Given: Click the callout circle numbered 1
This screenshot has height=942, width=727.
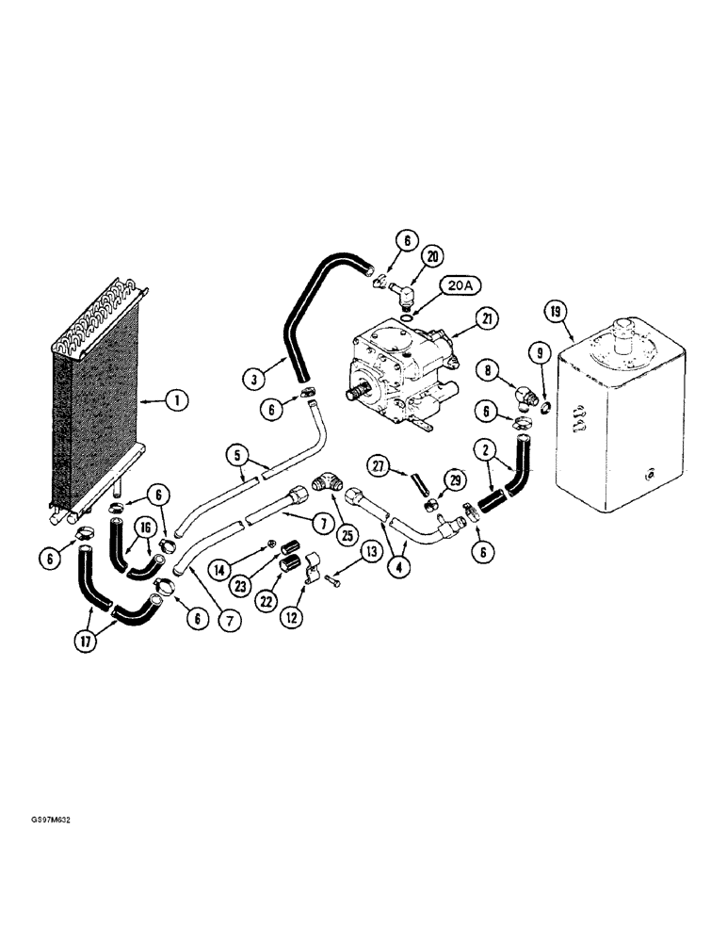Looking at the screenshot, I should (x=175, y=400).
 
